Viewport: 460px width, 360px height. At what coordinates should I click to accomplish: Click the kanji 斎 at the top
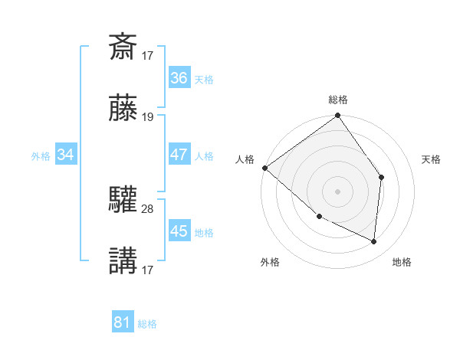point(123,47)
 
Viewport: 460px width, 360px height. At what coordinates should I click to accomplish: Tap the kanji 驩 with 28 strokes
point(123,201)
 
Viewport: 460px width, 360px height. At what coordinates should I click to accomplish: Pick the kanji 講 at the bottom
point(123,260)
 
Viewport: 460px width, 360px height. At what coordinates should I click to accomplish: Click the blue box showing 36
point(179,77)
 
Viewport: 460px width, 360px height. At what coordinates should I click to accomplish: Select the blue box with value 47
point(179,154)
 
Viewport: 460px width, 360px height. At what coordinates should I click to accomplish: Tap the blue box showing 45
point(179,231)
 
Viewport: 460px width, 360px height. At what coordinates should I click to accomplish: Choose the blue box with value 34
point(66,155)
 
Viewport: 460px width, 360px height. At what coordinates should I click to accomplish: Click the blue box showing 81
point(122,322)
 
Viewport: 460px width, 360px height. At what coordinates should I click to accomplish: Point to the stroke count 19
point(148,118)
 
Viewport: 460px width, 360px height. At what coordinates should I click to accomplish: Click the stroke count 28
point(148,208)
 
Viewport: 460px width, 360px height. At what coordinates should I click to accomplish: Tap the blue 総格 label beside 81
point(147,324)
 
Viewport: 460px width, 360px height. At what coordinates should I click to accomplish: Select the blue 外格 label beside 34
point(41,155)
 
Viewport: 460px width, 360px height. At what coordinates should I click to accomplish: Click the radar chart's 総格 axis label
point(338,100)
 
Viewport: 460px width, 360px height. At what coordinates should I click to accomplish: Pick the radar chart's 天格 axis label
point(432,159)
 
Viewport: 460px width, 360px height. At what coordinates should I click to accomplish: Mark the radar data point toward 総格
point(338,117)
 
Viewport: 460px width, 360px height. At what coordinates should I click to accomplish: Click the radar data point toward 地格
point(374,241)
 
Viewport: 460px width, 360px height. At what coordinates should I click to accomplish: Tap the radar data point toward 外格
point(319,217)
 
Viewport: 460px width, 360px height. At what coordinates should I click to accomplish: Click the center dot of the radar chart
point(338,191)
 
